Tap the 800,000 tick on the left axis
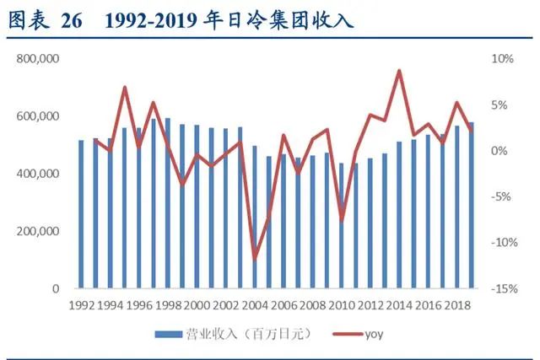(x=37, y=59)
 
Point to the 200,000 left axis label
(x=37, y=231)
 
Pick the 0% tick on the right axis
(x=502, y=151)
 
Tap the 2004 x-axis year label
(x=254, y=305)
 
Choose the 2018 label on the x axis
(x=456, y=305)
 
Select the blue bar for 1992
(x=81, y=214)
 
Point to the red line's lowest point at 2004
(x=254, y=258)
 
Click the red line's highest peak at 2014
(x=398, y=71)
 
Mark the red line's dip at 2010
(x=341, y=219)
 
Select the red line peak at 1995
(x=124, y=88)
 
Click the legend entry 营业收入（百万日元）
(x=235, y=335)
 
